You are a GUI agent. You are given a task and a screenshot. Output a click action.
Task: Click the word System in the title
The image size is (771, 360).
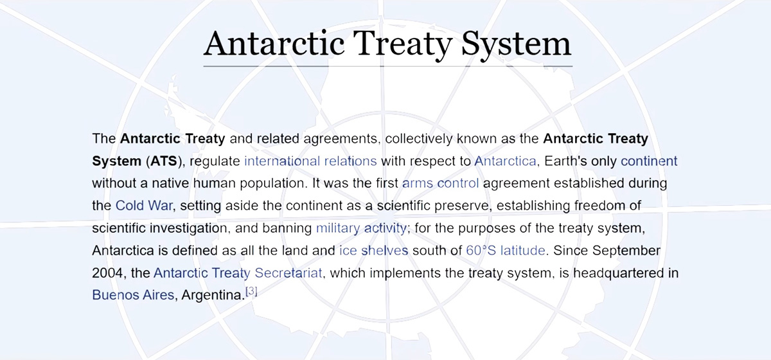pyautogui.click(x=516, y=45)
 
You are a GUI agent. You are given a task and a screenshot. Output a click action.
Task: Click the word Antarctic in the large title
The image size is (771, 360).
pyautogui.click(x=274, y=44)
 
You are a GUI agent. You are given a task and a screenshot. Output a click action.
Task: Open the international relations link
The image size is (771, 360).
pyautogui.click(x=310, y=161)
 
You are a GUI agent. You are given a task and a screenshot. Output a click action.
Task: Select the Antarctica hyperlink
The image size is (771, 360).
pyautogui.click(x=505, y=161)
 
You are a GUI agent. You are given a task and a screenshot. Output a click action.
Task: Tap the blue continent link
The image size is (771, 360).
pyautogui.click(x=649, y=161)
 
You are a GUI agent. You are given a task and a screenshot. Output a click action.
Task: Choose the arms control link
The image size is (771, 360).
pyautogui.click(x=440, y=183)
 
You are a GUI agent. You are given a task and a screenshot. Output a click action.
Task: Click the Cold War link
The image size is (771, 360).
pyautogui.click(x=144, y=206)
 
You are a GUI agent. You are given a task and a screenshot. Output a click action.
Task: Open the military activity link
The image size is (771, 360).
pyautogui.click(x=361, y=228)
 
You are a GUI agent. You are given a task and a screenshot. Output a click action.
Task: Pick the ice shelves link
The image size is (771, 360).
pyautogui.click(x=373, y=251)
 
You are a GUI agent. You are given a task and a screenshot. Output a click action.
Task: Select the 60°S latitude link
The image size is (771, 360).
pyautogui.click(x=505, y=251)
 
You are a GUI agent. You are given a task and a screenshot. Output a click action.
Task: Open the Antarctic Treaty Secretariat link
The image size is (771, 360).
pyautogui.click(x=238, y=273)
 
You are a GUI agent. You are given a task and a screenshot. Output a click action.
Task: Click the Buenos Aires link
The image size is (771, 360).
pyautogui.click(x=133, y=295)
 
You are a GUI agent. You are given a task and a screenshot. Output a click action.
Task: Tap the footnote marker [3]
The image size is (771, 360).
pyautogui.click(x=251, y=291)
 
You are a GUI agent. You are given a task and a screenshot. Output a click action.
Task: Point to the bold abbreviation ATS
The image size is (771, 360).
pyautogui.click(x=163, y=161)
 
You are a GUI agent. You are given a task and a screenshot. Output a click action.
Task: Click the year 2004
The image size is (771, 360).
pyautogui.click(x=107, y=273)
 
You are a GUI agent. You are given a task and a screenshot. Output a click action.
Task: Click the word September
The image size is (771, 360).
pyautogui.click(x=626, y=251)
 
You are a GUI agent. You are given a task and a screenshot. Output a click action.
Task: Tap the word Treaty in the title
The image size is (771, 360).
pyautogui.click(x=403, y=45)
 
